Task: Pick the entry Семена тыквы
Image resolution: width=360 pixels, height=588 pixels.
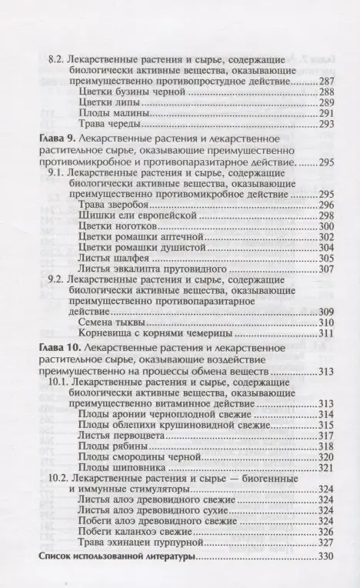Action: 112,322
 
